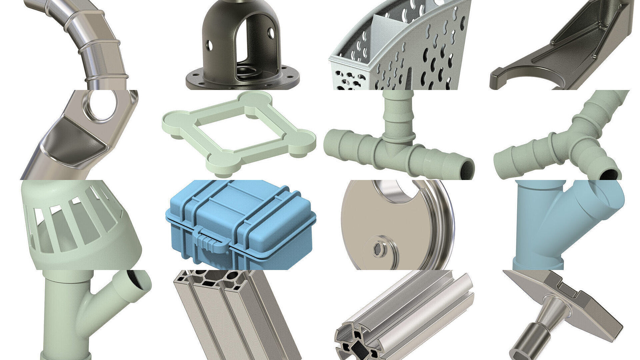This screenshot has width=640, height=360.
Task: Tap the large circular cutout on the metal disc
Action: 393,190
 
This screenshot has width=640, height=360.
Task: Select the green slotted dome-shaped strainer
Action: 80,227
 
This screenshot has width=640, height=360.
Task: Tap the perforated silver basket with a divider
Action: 400,50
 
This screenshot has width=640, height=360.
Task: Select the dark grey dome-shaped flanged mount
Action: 242,47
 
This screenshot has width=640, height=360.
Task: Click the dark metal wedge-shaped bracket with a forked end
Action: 567,50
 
